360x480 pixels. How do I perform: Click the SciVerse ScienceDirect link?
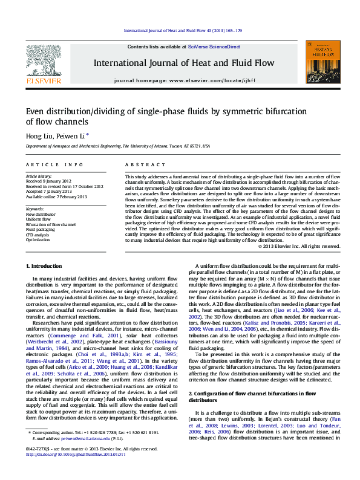[214, 47]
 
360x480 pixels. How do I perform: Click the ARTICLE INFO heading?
[54, 164]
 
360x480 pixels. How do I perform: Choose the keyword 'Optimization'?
[39, 239]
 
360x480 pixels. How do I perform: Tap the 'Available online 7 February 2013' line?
[56, 196]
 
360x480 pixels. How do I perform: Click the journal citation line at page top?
[183, 30]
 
